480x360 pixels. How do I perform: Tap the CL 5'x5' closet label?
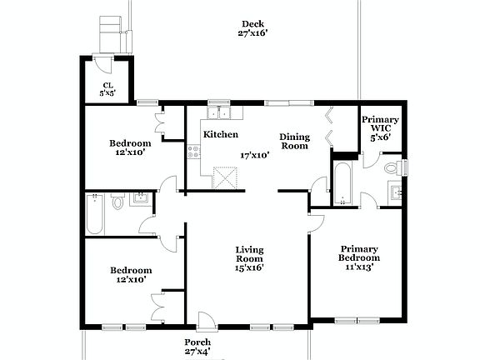point(107,88)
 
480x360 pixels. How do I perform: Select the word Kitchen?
point(221,134)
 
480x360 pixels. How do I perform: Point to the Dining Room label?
point(293,142)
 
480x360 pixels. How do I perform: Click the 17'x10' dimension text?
point(255,155)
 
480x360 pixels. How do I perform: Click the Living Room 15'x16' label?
point(249,258)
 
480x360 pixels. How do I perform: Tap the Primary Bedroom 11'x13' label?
point(359,257)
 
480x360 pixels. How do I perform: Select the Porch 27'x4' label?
point(197,347)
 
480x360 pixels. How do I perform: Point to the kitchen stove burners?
point(193,152)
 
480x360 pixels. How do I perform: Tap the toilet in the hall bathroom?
point(117,201)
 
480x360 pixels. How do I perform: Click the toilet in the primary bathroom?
point(393,167)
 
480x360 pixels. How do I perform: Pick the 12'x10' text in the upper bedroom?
point(130,152)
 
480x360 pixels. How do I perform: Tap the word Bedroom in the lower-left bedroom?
point(131,270)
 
